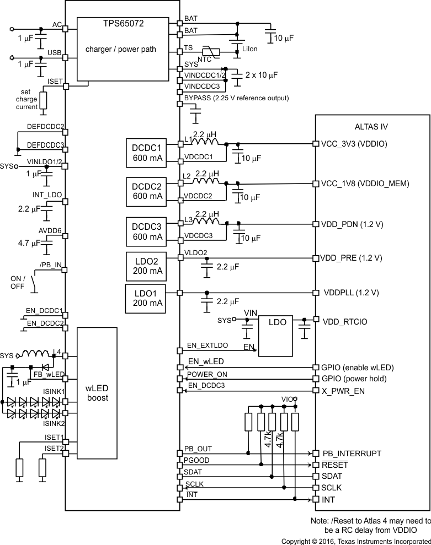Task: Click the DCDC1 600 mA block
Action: (x=147, y=153)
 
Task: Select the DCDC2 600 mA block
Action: (x=147, y=191)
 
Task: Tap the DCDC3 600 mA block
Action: (x=147, y=231)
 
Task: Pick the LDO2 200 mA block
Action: (x=147, y=265)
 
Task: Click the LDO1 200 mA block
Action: (x=147, y=298)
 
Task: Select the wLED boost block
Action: (x=97, y=392)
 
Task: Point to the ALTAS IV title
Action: (x=372, y=126)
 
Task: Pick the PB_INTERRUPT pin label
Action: (x=352, y=454)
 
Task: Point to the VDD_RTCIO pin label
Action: (x=344, y=321)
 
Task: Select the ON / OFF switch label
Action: (x=18, y=282)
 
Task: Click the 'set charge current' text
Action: (x=29, y=99)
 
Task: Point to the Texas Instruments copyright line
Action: (x=356, y=541)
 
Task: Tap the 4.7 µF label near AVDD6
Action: (x=28, y=242)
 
